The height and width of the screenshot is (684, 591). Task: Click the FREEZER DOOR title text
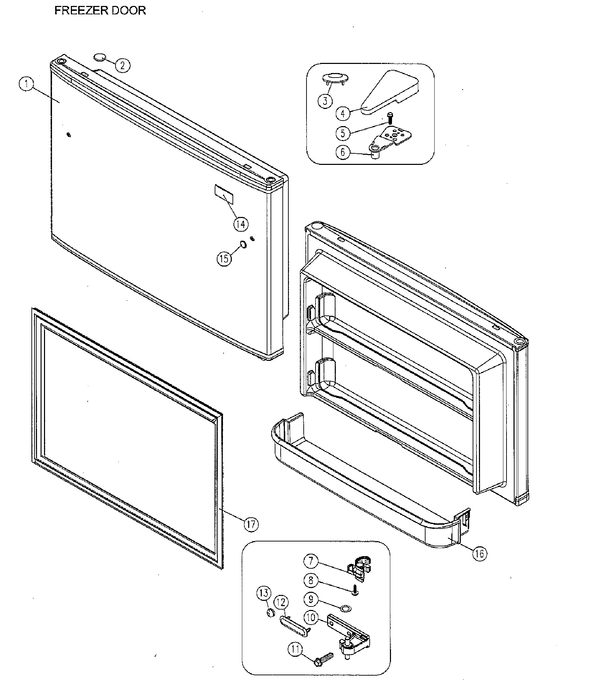click(x=100, y=10)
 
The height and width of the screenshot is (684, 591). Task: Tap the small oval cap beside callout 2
click(x=99, y=57)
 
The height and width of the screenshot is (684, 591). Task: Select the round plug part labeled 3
click(x=334, y=78)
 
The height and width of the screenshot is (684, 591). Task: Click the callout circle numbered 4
click(x=343, y=113)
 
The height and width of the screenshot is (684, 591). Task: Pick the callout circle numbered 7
click(x=310, y=561)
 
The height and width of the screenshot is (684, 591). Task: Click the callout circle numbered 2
click(x=122, y=65)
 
